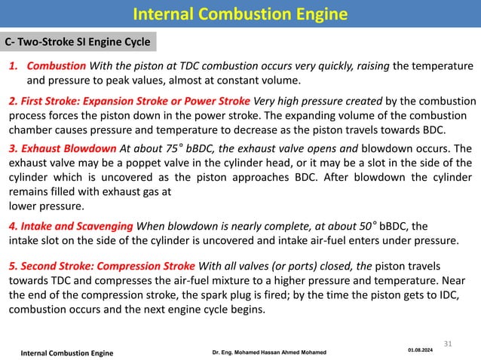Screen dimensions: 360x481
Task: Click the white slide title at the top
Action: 240,13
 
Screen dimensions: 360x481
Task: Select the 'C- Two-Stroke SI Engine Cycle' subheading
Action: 78,41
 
